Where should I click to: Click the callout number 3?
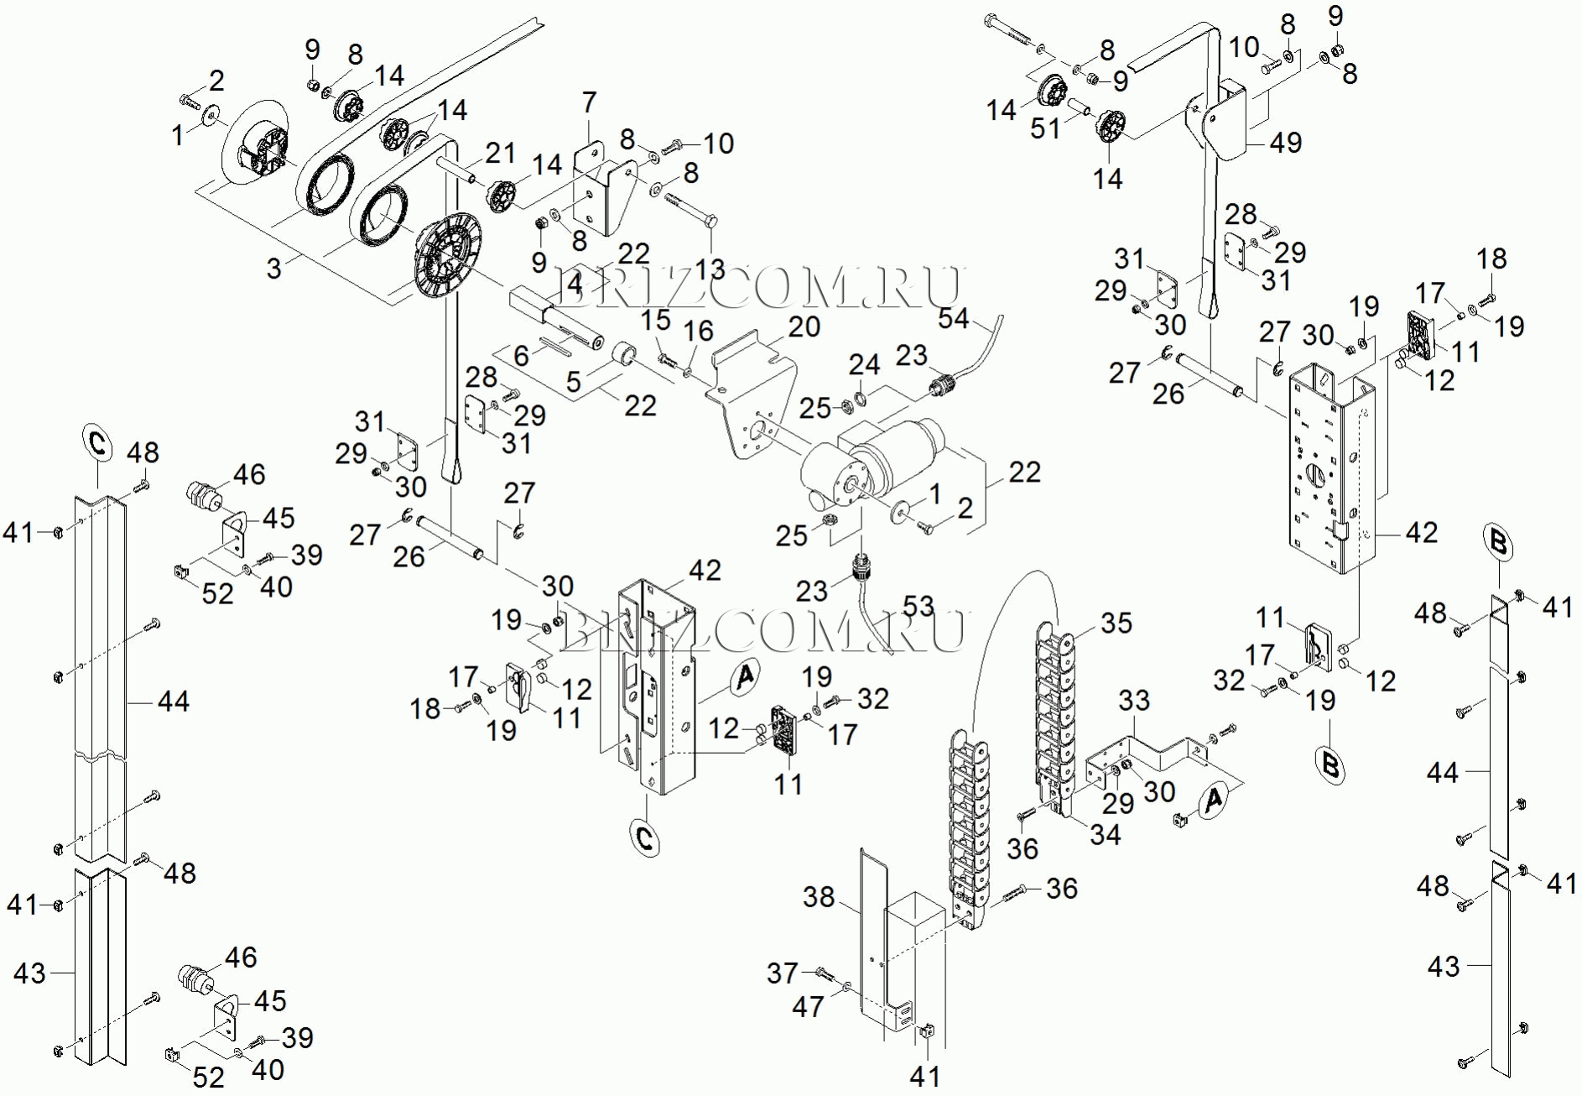(274, 269)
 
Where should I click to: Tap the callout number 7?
(590, 102)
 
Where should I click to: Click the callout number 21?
(500, 153)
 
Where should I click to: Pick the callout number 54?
(954, 319)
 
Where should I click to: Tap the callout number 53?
(918, 606)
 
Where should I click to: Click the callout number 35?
(1116, 624)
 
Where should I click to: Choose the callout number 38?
(819, 897)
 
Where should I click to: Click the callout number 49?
(1285, 143)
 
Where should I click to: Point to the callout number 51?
(1045, 128)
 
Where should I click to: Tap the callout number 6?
(522, 356)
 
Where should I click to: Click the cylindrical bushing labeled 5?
(625, 354)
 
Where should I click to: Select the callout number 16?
(699, 331)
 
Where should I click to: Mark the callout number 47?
(808, 1006)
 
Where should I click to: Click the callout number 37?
(782, 973)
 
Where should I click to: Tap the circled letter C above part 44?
(97, 443)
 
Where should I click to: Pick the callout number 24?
(864, 365)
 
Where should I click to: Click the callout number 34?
(1106, 835)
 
